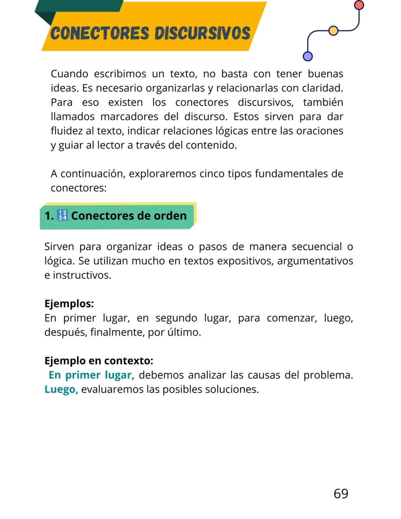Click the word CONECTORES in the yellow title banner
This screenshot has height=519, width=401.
tap(99, 33)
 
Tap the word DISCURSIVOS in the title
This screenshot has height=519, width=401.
tap(202, 33)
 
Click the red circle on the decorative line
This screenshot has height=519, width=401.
tap(359, 5)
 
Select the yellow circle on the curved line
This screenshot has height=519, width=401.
tap(334, 31)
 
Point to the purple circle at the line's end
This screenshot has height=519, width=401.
tap(308, 56)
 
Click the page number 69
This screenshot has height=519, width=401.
tap(341, 494)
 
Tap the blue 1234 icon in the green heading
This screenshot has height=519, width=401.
tap(62, 216)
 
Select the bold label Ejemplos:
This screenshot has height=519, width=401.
tap(69, 303)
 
